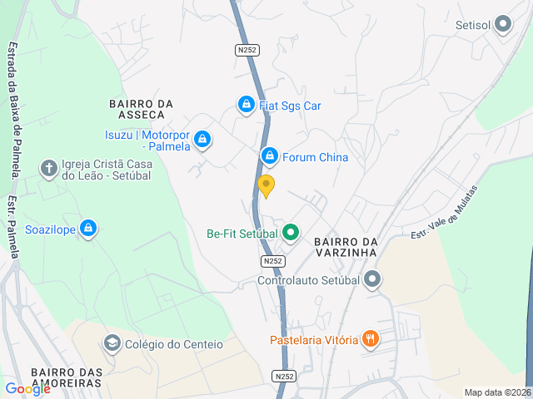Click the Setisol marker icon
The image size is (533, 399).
[x=503, y=25]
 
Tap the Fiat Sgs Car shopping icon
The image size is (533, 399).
[x=246, y=105]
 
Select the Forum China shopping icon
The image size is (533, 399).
[x=269, y=156]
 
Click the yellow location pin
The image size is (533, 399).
[x=266, y=185]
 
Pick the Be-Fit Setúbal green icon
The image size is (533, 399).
[x=290, y=233]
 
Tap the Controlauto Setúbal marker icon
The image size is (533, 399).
[x=372, y=279]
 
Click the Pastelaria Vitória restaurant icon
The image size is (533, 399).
[x=371, y=339]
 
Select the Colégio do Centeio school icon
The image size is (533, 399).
[x=112, y=343]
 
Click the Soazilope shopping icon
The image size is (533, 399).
[x=88, y=229]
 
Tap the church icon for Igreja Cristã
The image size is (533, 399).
[x=49, y=170]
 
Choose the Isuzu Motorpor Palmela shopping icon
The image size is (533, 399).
[x=203, y=140]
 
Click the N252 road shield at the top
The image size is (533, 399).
[x=247, y=50]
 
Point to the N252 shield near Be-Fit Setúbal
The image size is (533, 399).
[x=272, y=261]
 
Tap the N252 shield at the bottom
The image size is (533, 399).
[x=284, y=377]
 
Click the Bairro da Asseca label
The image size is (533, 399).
[x=141, y=109]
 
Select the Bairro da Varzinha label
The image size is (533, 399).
[x=346, y=248]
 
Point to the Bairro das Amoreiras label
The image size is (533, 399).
[x=65, y=377]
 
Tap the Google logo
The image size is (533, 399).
[x=27, y=389]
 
